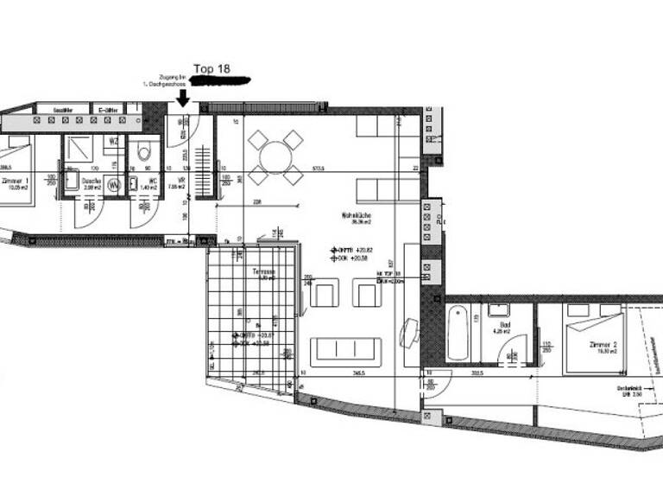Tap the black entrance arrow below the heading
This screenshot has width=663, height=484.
point(183,99)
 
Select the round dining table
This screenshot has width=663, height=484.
point(275,156)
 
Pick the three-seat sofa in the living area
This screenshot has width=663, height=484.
point(345,350)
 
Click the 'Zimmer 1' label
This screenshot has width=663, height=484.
point(16,181)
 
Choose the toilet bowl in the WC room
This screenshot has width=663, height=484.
point(144,154)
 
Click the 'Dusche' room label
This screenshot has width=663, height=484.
point(91,181)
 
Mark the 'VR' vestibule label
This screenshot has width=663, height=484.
point(181,180)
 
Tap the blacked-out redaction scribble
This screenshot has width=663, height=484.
point(219,81)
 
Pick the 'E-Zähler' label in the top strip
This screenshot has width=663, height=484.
point(108,111)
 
